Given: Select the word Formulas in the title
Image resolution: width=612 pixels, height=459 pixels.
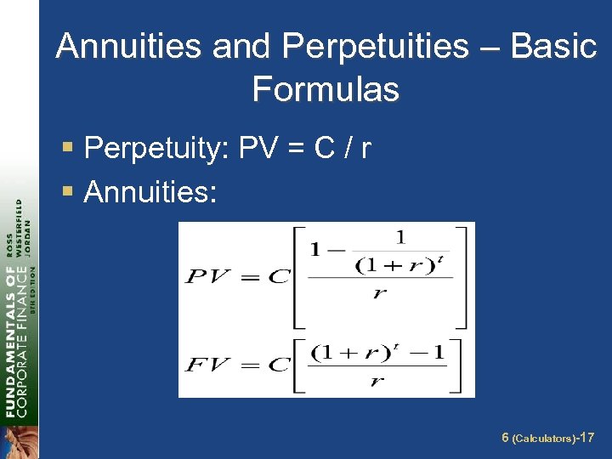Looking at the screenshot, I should click(326, 88).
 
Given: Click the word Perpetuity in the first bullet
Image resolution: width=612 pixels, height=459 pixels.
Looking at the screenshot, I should click(157, 150).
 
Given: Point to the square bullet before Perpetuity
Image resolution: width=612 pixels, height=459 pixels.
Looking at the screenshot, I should click(68, 150).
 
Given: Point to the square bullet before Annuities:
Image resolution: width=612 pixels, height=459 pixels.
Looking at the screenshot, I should click(68, 193).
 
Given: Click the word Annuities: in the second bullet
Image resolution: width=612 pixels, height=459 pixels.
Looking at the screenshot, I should click(151, 193).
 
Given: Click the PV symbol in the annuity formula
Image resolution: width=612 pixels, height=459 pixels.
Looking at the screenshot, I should click(208, 276).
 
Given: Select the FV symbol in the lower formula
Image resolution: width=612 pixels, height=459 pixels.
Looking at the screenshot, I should click(208, 366).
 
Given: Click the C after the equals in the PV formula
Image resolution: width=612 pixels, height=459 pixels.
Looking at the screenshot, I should click(278, 276).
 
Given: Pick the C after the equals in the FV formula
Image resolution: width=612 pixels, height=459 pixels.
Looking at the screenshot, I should click(278, 366).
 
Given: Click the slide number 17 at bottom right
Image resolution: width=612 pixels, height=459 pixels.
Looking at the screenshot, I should click(586, 439).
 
